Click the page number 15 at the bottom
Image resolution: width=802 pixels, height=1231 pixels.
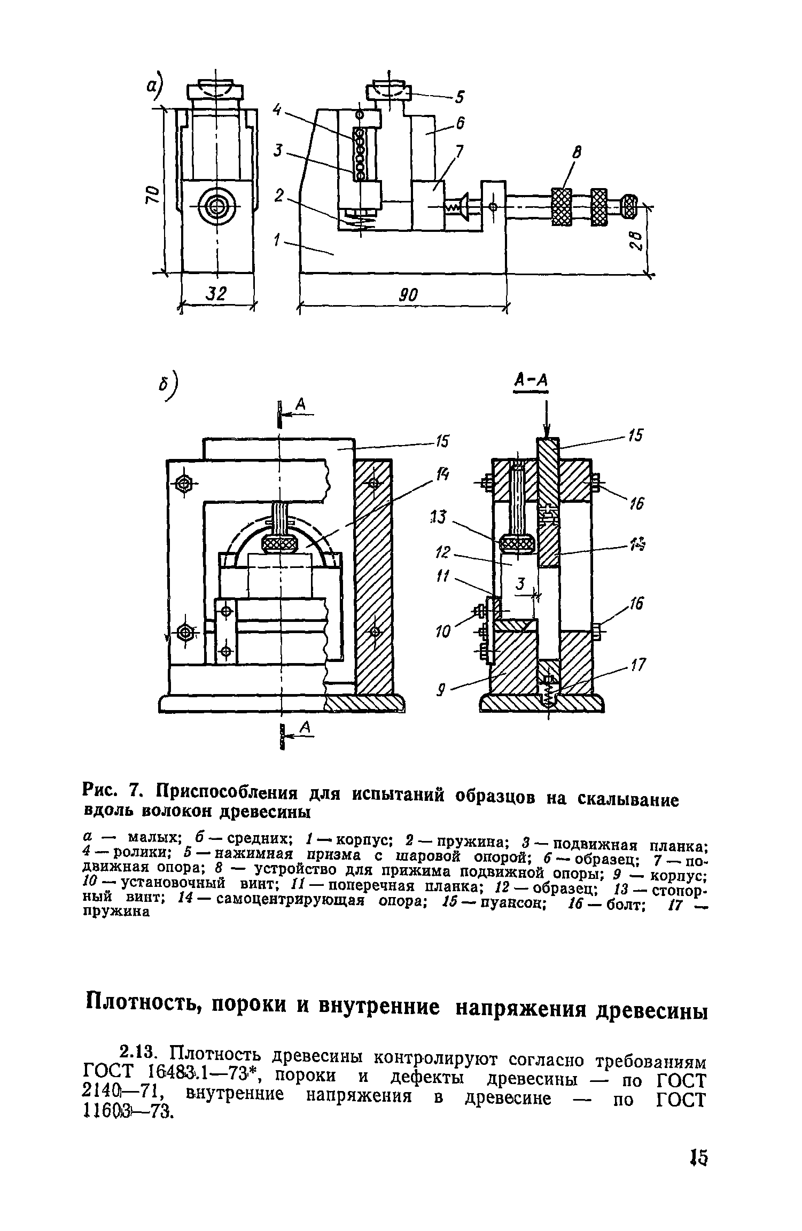698,1154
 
